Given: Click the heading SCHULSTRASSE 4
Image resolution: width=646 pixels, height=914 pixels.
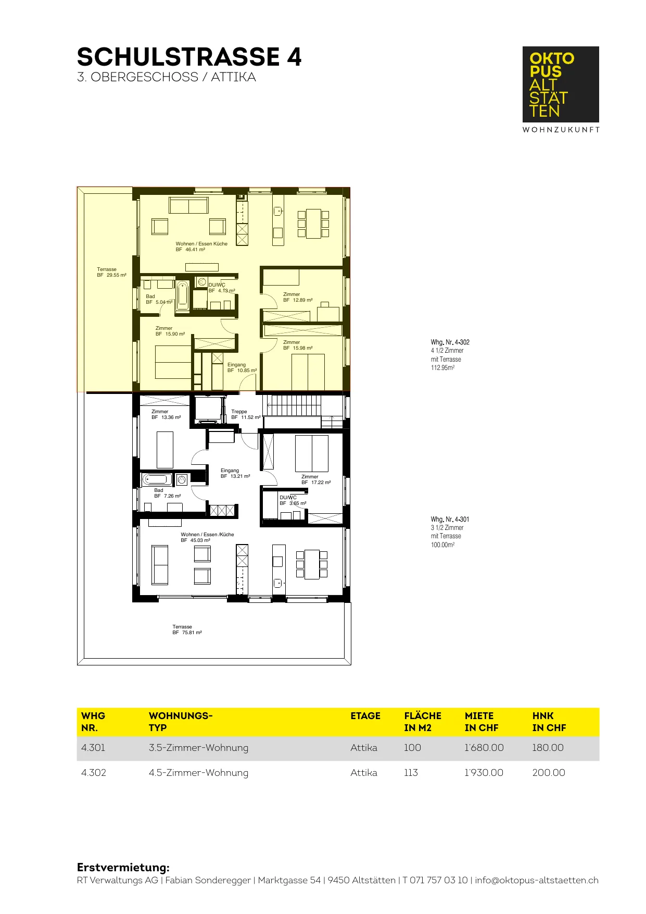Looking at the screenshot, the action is [x=189, y=57].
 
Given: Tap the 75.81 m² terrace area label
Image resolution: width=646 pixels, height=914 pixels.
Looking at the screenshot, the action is [x=187, y=629].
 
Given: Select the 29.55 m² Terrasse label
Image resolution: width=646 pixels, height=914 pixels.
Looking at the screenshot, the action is [x=111, y=272].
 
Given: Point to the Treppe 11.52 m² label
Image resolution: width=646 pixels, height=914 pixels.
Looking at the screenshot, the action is [x=246, y=414].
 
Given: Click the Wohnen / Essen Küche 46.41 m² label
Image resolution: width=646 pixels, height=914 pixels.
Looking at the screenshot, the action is [x=201, y=246].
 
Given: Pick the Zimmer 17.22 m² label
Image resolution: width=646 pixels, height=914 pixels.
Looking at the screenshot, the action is [x=316, y=479].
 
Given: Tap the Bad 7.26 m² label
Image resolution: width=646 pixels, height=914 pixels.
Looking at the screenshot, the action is [x=168, y=493].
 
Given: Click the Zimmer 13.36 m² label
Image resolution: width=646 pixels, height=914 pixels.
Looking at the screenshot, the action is [x=166, y=414].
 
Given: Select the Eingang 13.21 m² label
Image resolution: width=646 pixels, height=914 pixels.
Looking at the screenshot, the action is [x=235, y=473].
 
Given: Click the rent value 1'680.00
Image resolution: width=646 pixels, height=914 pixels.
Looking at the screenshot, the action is [x=484, y=748].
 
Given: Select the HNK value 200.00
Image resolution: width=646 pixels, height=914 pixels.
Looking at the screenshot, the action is [x=549, y=773].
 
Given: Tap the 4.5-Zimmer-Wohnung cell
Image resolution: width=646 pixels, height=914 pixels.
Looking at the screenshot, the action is [x=198, y=773].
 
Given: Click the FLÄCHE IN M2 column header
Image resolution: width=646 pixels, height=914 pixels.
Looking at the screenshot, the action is [x=423, y=722].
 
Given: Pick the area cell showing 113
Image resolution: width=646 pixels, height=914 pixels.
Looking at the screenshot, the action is [x=411, y=773].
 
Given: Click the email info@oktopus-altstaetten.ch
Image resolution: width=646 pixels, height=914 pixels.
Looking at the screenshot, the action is [x=537, y=880].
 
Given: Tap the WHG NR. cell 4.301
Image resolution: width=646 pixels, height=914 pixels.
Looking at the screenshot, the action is [x=93, y=748].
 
